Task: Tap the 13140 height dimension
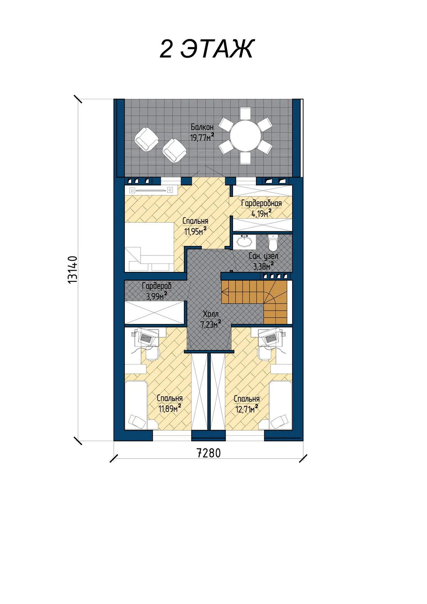pos(73,270)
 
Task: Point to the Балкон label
pos(202,127)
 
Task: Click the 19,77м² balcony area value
pos(202,137)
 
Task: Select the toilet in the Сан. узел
pos(273,242)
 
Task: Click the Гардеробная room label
pos(262,203)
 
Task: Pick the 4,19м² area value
pos(262,214)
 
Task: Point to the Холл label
pos(211,314)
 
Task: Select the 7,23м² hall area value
pos(211,324)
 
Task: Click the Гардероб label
pos(157,286)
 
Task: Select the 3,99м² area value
pos(157,296)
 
